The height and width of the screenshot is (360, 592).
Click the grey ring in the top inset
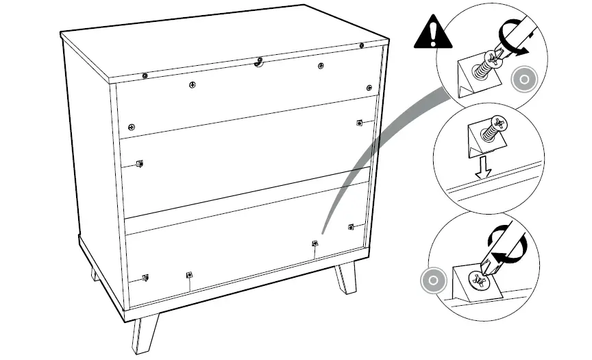pyautogui.click(x=525, y=80)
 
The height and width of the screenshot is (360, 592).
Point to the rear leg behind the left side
pyautogui.click(x=95, y=273)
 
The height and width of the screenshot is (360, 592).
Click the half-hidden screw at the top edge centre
pyautogui.click(x=258, y=62)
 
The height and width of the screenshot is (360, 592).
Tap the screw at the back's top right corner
pyautogui.click(x=361, y=46)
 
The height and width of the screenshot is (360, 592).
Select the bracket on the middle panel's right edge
pyautogui.click(x=358, y=122)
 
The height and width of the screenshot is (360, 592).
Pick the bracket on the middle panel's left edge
pyautogui.click(x=139, y=163)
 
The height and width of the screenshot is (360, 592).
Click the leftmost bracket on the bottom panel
pyautogui.click(x=145, y=277)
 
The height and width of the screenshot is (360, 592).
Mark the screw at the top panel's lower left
pyautogui.click(x=131, y=127)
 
